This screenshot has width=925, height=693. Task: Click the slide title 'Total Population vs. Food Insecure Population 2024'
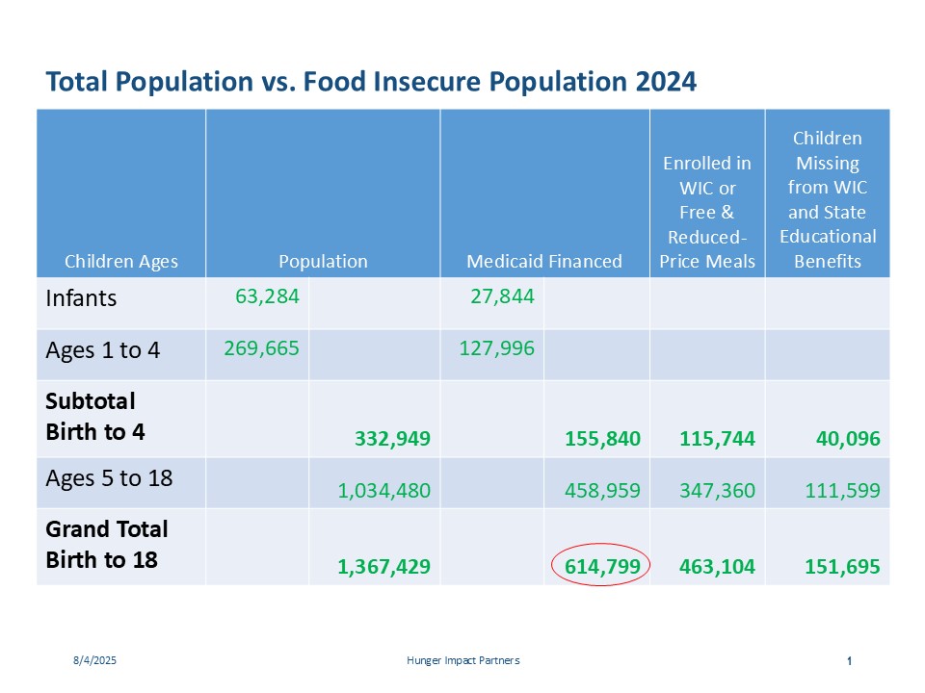371,83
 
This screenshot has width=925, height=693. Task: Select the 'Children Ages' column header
121,262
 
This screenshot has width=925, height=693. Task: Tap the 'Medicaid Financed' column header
544,262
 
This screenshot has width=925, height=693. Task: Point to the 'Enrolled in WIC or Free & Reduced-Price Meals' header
707,212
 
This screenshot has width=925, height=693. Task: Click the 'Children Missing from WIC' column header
828,200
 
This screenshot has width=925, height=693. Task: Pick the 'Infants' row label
81,298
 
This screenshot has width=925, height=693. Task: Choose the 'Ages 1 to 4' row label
102,350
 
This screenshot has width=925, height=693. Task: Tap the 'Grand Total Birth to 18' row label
106,544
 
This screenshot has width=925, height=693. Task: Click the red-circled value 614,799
601,567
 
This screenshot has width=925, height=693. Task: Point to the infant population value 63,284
267,295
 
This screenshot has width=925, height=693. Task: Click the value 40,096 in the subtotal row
844,440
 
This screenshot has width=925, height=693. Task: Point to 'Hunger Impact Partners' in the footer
462,661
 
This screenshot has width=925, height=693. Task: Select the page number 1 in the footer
849,661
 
